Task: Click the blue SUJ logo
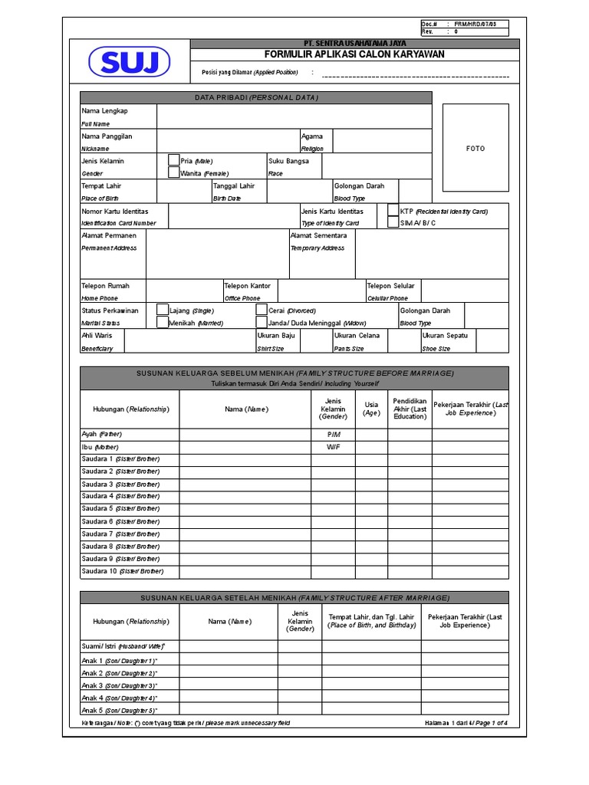pos(128,62)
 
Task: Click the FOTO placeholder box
pos(475,148)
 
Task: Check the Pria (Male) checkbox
pos(173,160)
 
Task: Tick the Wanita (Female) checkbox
pos(173,173)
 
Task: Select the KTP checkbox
pos(393,210)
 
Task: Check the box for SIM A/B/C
pos(393,222)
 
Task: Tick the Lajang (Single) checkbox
pos(163,310)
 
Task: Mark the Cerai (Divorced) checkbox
pos(262,310)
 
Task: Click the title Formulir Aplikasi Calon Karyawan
pos(354,54)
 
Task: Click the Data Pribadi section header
pos(256,97)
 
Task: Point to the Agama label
pos(312,136)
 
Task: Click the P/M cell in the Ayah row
pos(333,434)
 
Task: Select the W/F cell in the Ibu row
pos(333,446)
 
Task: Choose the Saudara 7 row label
pos(120,534)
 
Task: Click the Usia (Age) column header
pos(371,408)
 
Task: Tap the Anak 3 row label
pos(119,685)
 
